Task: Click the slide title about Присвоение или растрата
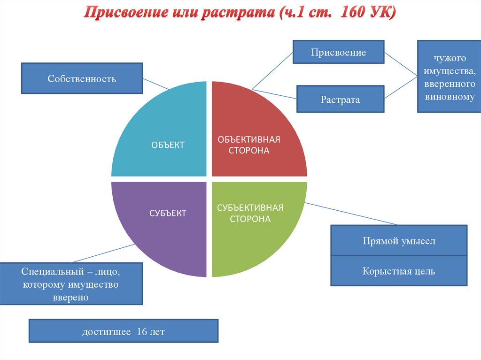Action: click(240, 13)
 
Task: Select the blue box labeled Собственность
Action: click(82, 78)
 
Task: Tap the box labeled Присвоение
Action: click(338, 52)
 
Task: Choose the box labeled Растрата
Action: click(340, 100)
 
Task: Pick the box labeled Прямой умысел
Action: click(399, 241)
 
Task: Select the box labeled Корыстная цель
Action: click(399, 271)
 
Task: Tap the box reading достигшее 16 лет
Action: click(124, 332)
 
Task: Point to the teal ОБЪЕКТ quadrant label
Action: click(168, 145)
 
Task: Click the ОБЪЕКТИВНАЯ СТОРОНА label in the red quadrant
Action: click(248, 145)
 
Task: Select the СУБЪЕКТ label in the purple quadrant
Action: click(168, 213)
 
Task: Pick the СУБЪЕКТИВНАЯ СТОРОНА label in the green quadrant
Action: click(250, 213)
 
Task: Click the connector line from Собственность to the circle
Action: click(156, 84)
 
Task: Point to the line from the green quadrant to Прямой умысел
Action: click(352, 214)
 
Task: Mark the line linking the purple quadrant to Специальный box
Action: click(101, 253)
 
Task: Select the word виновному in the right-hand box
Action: click(450, 97)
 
